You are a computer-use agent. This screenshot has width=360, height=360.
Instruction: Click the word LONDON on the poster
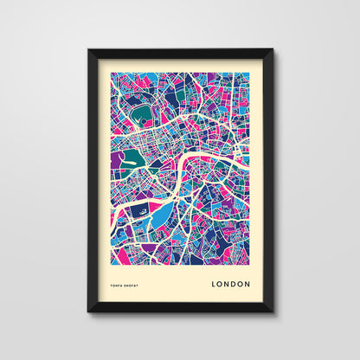pos(230,283)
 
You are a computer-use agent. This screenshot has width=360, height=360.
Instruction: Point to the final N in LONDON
pos(247,283)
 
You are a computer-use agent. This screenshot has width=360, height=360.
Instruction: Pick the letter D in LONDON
pos(234,283)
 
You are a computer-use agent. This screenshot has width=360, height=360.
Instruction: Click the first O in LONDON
pos(220,283)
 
